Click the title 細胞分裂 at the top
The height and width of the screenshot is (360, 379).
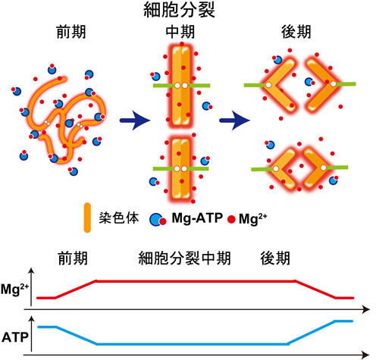[x=179, y=10]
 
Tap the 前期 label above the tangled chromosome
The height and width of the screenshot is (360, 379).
[x=71, y=32]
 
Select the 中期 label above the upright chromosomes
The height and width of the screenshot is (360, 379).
[x=180, y=32]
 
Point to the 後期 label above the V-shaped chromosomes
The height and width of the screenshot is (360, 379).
[x=296, y=32]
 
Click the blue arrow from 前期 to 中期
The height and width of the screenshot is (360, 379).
[x=135, y=121]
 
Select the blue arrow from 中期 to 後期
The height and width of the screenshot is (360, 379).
[x=234, y=121]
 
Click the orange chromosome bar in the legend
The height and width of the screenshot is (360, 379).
[x=87, y=218]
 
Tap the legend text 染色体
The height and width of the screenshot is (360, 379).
[x=119, y=218]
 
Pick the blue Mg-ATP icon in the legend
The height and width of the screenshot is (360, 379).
[x=158, y=220]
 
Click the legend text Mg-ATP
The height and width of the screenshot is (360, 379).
[x=197, y=218]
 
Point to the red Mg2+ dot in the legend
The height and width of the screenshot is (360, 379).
[x=231, y=219]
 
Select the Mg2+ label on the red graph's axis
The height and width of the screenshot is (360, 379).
[x=14, y=290]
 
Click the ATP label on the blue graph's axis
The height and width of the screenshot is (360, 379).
[x=14, y=337]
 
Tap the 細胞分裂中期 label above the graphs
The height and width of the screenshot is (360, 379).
[x=184, y=258]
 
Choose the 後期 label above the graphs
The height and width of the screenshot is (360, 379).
[x=275, y=258]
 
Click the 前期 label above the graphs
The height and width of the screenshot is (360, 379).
[x=73, y=258]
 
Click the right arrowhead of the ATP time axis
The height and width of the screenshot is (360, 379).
[x=366, y=355]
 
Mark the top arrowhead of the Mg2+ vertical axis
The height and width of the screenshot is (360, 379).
[x=31, y=271]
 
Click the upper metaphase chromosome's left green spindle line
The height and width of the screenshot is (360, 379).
[x=164, y=86]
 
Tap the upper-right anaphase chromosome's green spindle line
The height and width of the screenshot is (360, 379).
[x=346, y=84]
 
